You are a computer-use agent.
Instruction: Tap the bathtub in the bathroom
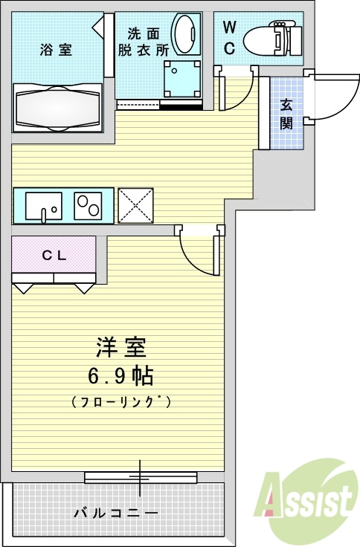click(x=57, y=109)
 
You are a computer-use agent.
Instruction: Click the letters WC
click(x=229, y=39)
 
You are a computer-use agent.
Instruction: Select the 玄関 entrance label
click(x=286, y=114)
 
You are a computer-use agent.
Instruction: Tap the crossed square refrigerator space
click(x=135, y=206)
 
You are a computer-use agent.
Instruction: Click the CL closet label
click(x=54, y=255)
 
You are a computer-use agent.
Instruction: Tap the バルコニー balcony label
click(x=115, y=514)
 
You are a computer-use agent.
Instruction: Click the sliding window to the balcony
click(x=140, y=476)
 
